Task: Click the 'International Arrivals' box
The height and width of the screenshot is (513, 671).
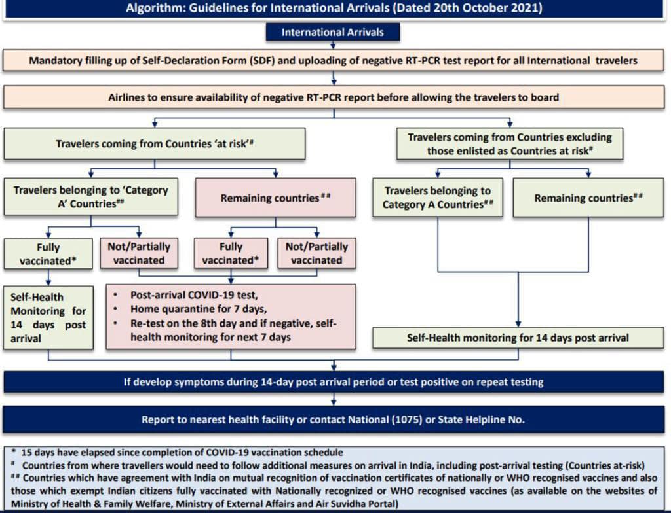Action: click(332, 32)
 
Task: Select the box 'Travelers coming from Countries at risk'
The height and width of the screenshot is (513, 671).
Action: click(155, 144)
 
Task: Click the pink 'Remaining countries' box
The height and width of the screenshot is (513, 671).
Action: click(275, 198)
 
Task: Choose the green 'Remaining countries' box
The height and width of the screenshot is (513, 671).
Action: click(588, 198)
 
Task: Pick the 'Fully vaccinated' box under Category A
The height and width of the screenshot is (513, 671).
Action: click(48, 254)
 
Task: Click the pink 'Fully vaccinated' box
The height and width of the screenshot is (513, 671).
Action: click(231, 253)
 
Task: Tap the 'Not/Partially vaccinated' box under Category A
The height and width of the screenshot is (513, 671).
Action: click(139, 253)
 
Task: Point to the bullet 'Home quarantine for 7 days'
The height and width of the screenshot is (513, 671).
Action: click(199, 309)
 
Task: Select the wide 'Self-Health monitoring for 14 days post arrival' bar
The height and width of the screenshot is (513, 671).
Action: click(518, 338)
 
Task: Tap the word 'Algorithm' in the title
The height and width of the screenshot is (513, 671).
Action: click(155, 8)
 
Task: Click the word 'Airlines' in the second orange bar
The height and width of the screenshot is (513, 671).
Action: click(126, 97)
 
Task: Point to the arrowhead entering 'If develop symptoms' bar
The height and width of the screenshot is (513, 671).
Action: click(334, 367)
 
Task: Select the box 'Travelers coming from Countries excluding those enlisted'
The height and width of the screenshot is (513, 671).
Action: click(510, 144)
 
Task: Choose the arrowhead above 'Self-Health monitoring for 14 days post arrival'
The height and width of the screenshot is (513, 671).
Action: click(518, 324)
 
